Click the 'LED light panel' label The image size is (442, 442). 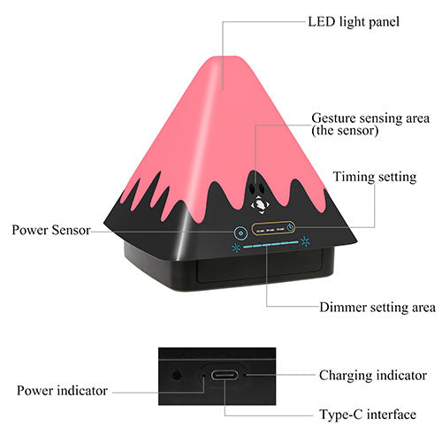(354, 22)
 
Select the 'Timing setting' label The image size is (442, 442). (375, 177)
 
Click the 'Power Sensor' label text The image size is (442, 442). (51, 230)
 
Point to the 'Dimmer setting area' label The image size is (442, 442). (377, 308)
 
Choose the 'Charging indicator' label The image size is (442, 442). (373, 376)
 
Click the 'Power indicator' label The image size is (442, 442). (62, 391)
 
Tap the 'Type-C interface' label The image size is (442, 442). (368, 415)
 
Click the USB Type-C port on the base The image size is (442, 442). (225, 375)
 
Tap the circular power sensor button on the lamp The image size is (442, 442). (241, 232)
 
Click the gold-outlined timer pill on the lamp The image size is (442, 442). (273, 228)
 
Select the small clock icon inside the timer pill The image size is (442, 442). (290, 227)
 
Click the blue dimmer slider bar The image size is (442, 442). (271, 245)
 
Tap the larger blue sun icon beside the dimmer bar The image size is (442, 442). (305, 241)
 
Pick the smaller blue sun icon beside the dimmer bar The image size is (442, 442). (236, 248)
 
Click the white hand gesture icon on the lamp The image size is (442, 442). (260, 204)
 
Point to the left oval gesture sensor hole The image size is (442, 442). (252, 187)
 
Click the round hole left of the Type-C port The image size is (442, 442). (177, 376)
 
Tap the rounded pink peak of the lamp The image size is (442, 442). (229, 59)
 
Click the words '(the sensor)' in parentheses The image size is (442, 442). (345, 131)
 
